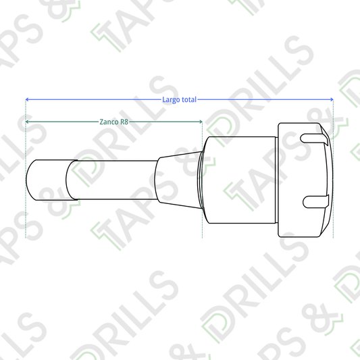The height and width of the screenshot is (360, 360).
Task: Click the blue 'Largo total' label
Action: click(179, 100)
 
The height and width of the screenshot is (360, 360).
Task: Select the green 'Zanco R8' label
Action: click(114, 122)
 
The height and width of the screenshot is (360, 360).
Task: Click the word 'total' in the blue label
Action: click(189, 99)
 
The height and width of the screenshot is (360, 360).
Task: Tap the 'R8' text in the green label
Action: click(124, 122)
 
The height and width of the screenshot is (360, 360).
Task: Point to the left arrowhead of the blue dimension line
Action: click(27, 99)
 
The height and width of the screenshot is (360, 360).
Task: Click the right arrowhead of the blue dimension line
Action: click(332, 99)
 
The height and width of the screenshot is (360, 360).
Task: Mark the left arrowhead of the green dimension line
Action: click(27, 122)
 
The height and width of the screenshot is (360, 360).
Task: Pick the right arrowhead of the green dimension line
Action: click(201, 122)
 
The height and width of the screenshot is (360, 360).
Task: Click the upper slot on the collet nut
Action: click(314, 138)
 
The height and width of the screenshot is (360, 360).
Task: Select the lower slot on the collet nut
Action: click(316, 201)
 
